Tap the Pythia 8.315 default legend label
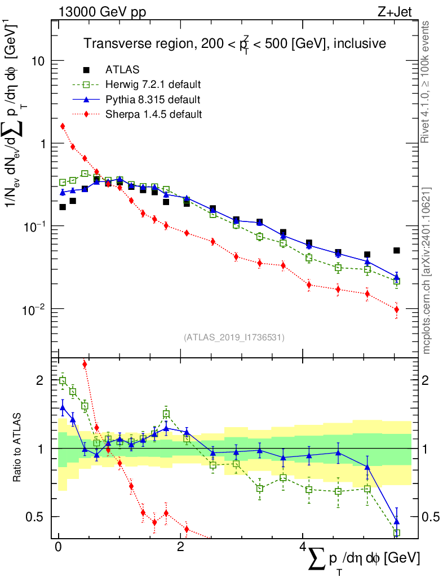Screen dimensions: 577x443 click(152, 100)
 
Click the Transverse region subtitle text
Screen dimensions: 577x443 click(234, 44)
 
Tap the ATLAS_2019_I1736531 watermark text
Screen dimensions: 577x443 click(234, 338)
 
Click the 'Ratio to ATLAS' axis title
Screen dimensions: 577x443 click(19, 448)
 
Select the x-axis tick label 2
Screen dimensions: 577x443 click(180, 548)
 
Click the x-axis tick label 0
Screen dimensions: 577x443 click(58, 548)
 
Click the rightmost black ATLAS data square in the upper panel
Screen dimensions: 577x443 click(397, 251)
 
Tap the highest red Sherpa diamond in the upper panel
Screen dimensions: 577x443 click(63, 126)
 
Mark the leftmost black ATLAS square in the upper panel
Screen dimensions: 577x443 click(63, 207)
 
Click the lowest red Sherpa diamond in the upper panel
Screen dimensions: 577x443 click(397, 309)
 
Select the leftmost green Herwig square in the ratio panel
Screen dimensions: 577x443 click(63, 381)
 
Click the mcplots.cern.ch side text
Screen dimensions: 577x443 click(427, 270)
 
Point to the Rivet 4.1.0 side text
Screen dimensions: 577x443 click(427, 82)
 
